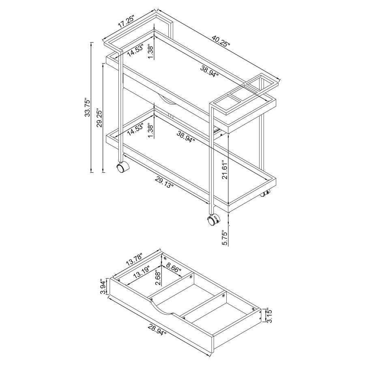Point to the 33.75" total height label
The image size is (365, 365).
click(86, 107)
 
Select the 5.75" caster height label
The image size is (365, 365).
click(225, 236)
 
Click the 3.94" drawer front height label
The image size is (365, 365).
click(103, 287)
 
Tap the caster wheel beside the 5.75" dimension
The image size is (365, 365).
click(213, 220)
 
